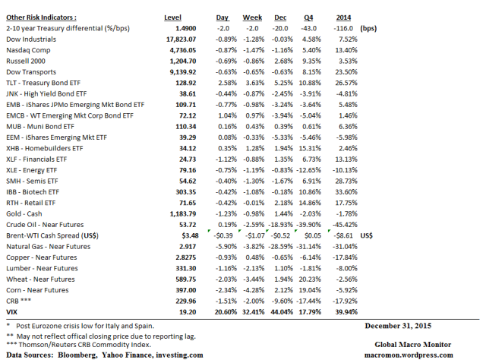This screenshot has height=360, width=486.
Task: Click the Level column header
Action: pyautogui.click(x=172, y=17)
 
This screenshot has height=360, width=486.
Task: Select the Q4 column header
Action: pyautogui.click(x=308, y=17)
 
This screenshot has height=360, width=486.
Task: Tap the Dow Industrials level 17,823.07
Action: pyautogui.click(x=181, y=39)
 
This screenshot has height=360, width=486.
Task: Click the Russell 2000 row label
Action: pyautogui.click(x=26, y=61)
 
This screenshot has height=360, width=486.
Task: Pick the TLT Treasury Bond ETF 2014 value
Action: pyautogui.click(x=346, y=83)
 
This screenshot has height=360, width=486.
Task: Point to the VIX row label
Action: pyautogui.click(x=12, y=312)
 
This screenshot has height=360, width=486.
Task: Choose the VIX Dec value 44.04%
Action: pyautogui.click(x=282, y=312)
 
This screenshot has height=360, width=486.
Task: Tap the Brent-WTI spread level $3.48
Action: pyautogui.click(x=190, y=235)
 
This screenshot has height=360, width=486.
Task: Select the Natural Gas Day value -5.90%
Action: pyautogui.click(x=226, y=247)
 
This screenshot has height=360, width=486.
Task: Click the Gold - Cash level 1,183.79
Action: pyautogui.click(x=183, y=214)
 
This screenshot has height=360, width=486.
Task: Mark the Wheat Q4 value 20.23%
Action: pyautogui.click(x=310, y=279)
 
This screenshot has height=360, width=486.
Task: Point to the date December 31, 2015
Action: pyautogui.click(x=398, y=326)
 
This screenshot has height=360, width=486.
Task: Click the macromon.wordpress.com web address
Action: pyautogui.click(x=409, y=355)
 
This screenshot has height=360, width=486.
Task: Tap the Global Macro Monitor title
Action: pyautogui.click(x=412, y=345)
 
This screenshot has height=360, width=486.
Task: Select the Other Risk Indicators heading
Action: pyautogui.click(x=41, y=17)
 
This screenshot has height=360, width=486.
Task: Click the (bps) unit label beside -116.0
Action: pyautogui.click(x=368, y=29)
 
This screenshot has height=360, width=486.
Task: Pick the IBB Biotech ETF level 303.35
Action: pyautogui.click(x=185, y=192)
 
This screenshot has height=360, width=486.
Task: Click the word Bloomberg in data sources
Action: pyautogui.click(x=77, y=355)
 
